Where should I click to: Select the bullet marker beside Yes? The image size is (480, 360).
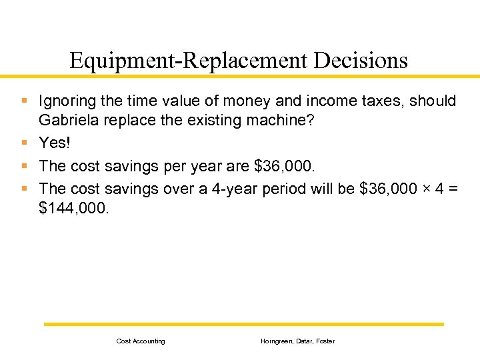(x=24, y=142)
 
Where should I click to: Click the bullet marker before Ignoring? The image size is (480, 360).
(x=24, y=101)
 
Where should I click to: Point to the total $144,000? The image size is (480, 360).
(x=71, y=209)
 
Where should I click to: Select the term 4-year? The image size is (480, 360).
(x=238, y=189)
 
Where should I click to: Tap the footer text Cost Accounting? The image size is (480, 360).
(x=141, y=341)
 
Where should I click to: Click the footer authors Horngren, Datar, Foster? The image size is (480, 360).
(x=297, y=341)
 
